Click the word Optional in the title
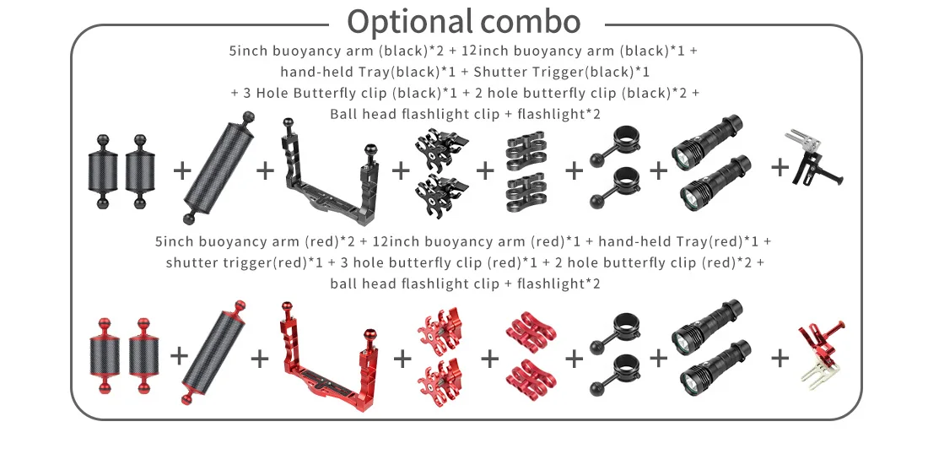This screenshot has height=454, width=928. pos(407,21)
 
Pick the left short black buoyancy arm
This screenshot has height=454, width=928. pos(104,169)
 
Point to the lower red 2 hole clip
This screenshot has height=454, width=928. pos(529,373)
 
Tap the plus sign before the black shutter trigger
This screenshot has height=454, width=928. pos(780,167)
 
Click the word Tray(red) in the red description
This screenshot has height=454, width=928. pos(711,241)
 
